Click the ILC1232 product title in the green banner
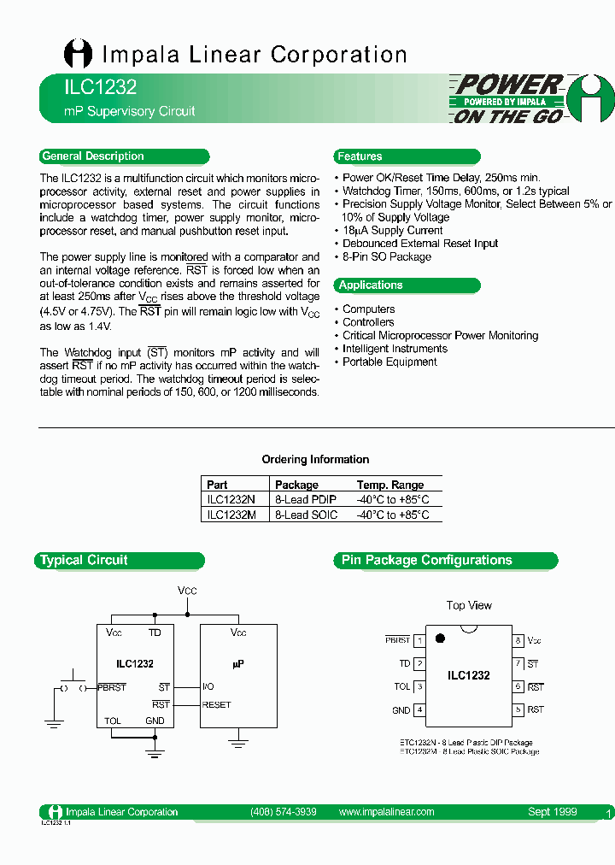pyautogui.click(x=88, y=87)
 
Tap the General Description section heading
pyautogui.click(x=93, y=156)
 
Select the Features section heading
pyautogui.click(x=360, y=156)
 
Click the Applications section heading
pyautogui.click(x=370, y=285)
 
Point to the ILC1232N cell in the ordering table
pyautogui.click(x=231, y=499)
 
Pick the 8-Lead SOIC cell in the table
pyautogui.click(x=306, y=515)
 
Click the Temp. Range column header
pyautogui.click(x=390, y=485)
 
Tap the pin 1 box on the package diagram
pyautogui.click(x=419, y=640)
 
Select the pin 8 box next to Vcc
pyautogui.click(x=518, y=640)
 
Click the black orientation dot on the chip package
pyautogui.click(x=440, y=638)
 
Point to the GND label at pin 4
pyautogui.click(x=401, y=710)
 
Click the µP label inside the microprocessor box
pyautogui.click(x=238, y=663)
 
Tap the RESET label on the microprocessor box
pyautogui.click(x=217, y=705)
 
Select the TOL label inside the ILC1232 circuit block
pyautogui.click(x=113, y=721)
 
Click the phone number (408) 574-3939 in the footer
pyautogui.click(x=284, y=812)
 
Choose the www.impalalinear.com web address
pyautogui.click(x=386, y=812)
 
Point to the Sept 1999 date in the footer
pyautogui.click(x=552, y=812)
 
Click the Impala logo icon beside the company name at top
pyautogui.click(x=78, y=55)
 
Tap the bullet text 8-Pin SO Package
pyautogui.click(x=386, y=256)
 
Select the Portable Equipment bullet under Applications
pyautogui.click(x=389, y=362)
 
